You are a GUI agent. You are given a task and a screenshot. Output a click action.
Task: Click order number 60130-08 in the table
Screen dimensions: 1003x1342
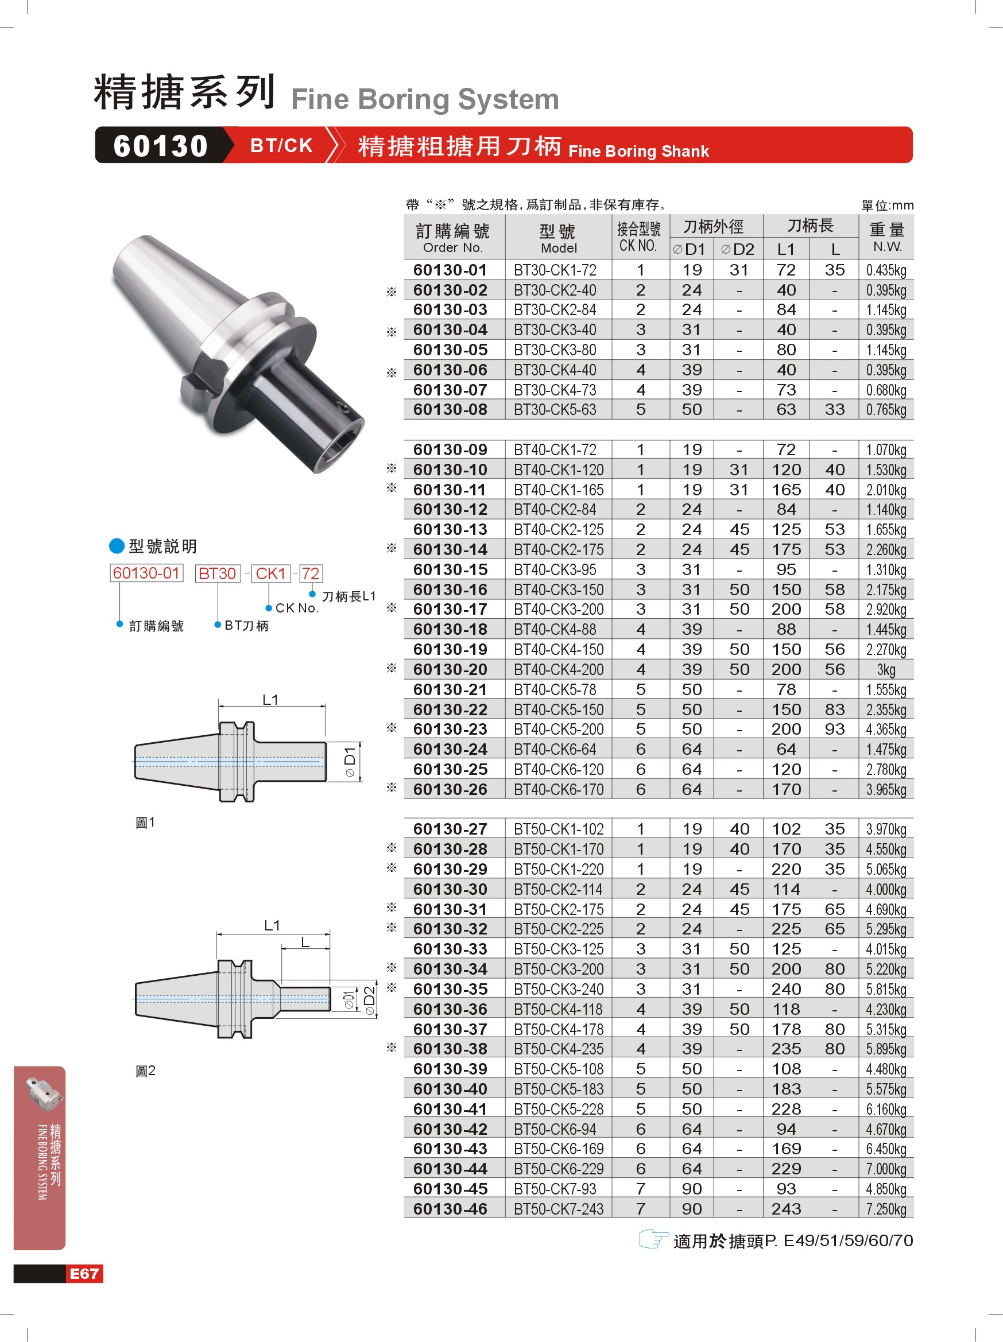tap(450, 409)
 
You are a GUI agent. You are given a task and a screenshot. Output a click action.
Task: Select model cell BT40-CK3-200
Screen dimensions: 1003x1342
tap(558, 609)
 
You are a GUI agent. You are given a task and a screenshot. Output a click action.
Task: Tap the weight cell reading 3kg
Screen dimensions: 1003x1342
tap(886, 669)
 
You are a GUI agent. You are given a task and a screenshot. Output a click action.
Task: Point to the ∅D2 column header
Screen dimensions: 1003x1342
tap(738, 249)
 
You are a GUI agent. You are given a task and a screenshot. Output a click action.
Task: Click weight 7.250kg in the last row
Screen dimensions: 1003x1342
tap(886, 1209)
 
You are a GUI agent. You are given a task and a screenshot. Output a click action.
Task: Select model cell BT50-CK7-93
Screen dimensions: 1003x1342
tap(555, 1189)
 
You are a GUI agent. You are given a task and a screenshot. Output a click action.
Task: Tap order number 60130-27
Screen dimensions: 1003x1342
tap(450, 829)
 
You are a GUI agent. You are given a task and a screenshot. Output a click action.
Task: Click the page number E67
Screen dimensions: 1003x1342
tap(84, 1274)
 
